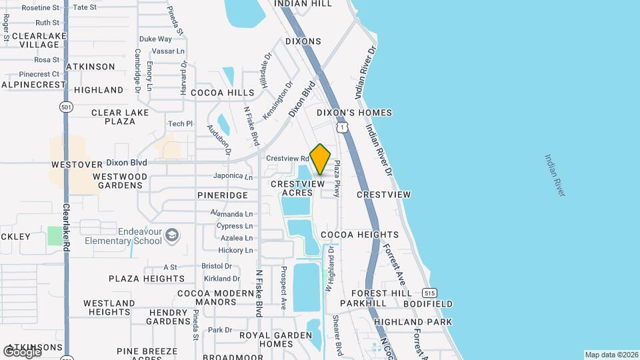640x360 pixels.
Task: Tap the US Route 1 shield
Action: (341, 126)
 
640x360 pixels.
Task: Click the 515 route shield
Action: (429, 293)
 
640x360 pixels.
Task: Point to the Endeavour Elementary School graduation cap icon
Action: (172, 235)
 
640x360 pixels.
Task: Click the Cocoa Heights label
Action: (359, 235)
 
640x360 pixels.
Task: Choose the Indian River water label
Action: (555, 175)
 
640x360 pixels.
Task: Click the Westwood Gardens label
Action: (120, 181)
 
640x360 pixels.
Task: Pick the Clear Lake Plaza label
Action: (113, 117)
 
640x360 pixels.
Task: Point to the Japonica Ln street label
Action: (233, 177)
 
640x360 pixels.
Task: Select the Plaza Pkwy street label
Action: (337, 178)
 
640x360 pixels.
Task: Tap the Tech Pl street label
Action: (180, 123)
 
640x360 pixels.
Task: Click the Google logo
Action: (22, 351)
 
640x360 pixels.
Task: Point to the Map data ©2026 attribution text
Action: (611, 355)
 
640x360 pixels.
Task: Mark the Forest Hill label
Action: (378, 293)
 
